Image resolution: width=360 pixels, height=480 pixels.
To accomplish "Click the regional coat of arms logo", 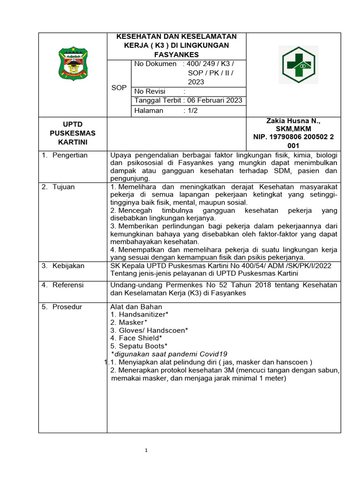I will coord(73,64).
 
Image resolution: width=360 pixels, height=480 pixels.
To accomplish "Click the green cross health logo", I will coord(298,65).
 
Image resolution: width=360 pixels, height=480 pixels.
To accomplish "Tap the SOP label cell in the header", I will coord(119,88).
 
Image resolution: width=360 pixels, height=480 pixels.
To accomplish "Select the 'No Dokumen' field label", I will coord(155,64).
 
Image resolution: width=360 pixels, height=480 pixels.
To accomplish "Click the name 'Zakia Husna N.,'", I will coord(293,121).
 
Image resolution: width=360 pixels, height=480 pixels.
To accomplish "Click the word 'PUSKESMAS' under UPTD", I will coord(72,133).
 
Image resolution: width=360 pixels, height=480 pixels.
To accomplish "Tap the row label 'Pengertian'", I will coord(70,155).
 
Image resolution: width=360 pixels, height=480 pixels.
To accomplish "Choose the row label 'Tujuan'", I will coord(63,187).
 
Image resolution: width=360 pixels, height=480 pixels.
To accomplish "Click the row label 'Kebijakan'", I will coord(68,266).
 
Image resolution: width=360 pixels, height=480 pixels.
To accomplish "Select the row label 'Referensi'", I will coord(68,285).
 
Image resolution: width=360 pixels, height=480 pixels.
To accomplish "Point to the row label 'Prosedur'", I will coord(67,307).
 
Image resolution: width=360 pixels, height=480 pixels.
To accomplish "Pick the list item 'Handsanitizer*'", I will coord(143,315).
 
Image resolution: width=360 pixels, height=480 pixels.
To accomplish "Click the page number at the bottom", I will coord(146,450).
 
